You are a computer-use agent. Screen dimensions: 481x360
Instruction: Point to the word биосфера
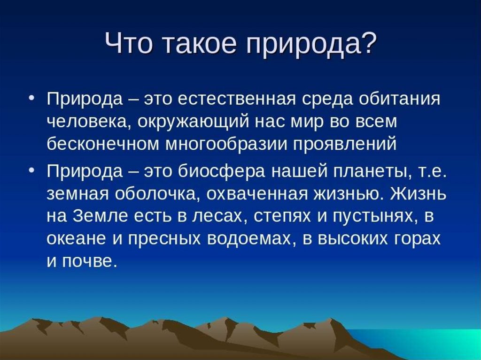point(222,170)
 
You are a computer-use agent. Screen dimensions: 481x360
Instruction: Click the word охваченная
point(257,194)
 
